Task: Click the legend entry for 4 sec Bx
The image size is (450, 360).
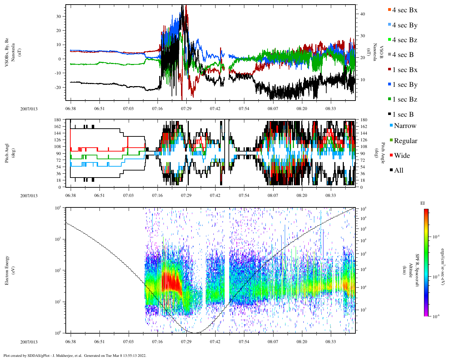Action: [404, 10]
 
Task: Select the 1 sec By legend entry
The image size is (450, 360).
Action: [404, 85]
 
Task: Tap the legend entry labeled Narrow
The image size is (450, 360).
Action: [405, 126]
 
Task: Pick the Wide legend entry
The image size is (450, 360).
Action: [401, 156]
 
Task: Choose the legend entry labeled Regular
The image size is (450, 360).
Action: [405, 141]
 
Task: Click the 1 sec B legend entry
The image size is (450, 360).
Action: [403, 115]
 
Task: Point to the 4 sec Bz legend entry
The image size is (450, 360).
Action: [404, 40]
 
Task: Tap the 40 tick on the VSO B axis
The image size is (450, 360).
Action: [362, 14]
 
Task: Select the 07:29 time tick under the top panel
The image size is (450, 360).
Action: [186, 109]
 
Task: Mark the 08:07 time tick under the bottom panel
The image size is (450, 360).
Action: [273, 342]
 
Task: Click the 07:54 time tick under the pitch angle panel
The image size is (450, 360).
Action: [244, 195]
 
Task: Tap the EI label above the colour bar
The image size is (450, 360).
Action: [423, 203]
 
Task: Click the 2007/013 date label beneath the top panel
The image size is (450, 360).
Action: [29, 109]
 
